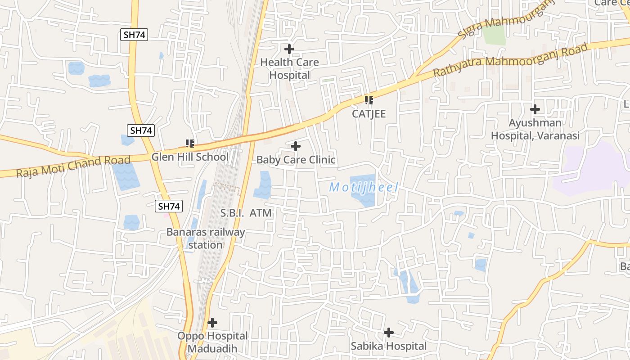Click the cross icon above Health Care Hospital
[x=289, y=49]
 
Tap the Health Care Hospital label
[x=289, y=69]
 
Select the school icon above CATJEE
[x=369, y=100]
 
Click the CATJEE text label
[x=369, y=114]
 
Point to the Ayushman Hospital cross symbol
[x=535, y=109]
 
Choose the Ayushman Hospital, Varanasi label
[x=535, y=129]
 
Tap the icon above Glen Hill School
[x=189, y=144]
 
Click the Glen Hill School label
[x=190, y=157]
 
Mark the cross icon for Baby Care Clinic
[x=296, y=146]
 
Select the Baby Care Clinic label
[x=296, y=160]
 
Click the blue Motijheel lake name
[x=364, y=187]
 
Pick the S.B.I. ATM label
[x=246, y=213]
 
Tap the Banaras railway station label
[x=206, y=238]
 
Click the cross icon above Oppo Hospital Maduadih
[x=212, y=323]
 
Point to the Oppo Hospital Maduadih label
[x=212, y=342]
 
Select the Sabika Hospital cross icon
[x=388, y=333]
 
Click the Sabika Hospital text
[x=388, y=346]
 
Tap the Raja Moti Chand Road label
[x=73, y=166]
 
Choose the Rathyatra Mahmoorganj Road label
[x=510, y=60]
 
